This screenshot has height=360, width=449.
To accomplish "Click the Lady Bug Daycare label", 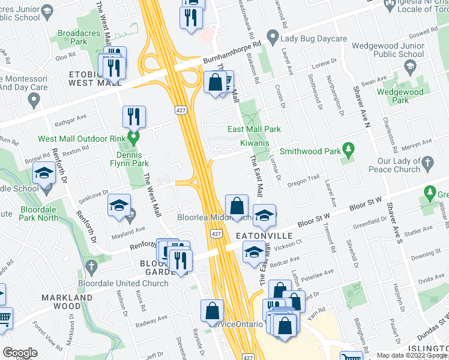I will pyautogui.click(x=313, y=39).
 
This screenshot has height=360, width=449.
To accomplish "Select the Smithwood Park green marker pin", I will pyautogui.click(x=347, y=149).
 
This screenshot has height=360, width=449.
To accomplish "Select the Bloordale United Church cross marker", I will pyautogui.click(x=91, y=266).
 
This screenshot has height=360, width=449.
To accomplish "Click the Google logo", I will pyautogui.click(x=20, y=353).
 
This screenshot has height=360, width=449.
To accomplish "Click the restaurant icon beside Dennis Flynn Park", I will pyautogui.click(x=134, y=117).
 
